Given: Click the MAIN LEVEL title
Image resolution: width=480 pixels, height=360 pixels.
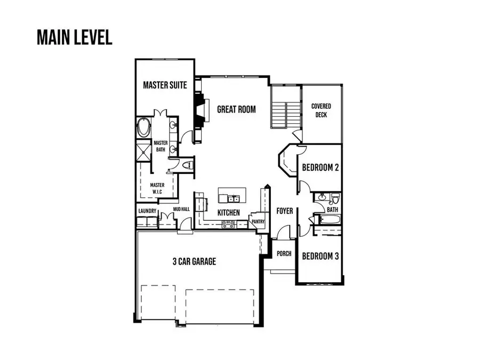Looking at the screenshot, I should [x=74, y=37].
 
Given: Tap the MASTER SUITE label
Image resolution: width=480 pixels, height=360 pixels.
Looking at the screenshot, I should [x=165, y=85].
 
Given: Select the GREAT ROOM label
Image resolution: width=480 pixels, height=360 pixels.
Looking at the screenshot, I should [x=236, y=109].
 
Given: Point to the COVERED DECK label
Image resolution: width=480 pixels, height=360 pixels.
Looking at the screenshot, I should [x=321, y=110].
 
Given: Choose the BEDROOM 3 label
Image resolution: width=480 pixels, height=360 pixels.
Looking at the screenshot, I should [x=321, y=256].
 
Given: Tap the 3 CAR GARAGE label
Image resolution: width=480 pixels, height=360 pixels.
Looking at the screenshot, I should [x=194, y=261].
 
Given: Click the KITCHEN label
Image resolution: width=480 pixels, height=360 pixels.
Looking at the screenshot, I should [x=229, y=213].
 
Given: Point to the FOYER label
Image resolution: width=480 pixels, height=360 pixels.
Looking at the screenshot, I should [x=285, y=211].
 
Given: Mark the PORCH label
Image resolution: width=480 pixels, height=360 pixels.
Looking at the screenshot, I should [x=284, y=254].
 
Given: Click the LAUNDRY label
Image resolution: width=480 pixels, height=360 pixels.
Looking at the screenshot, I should [x=147, y=211].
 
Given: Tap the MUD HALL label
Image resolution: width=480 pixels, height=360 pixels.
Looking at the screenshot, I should [x=181, y=210].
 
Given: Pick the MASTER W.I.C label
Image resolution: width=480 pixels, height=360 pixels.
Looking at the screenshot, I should [x=157, y=188].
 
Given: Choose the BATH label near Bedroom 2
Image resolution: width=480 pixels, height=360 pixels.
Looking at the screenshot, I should [x=332, y=210].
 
